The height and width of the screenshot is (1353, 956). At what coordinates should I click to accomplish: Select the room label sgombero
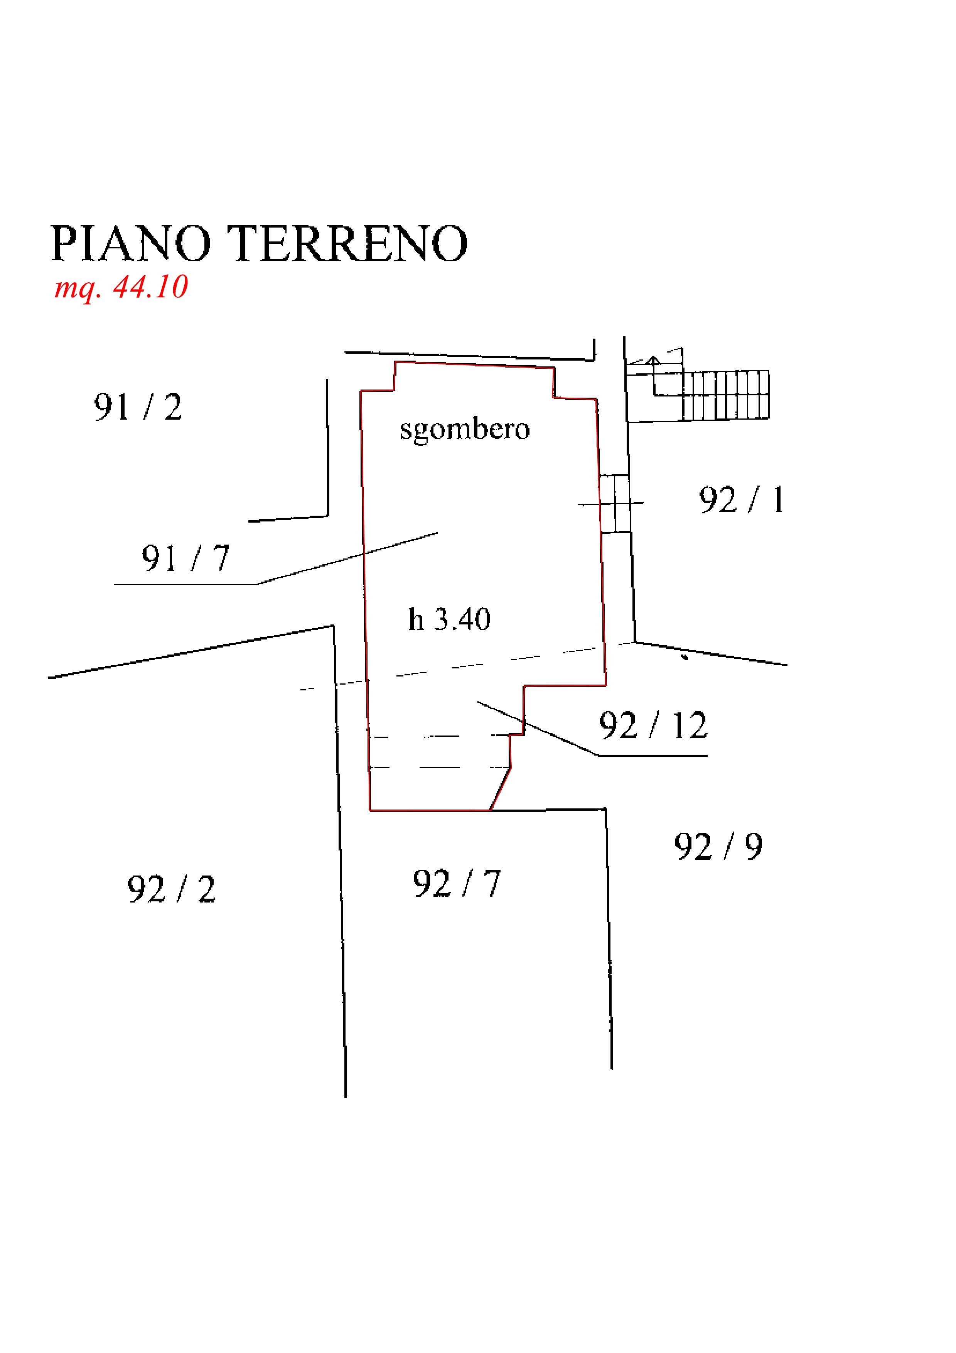click(465, 429)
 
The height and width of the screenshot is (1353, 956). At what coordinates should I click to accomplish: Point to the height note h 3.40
click(449, 619)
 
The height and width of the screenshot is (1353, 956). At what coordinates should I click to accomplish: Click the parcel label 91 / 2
click(138, 407)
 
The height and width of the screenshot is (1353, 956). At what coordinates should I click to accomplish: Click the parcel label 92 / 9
click(718, 847)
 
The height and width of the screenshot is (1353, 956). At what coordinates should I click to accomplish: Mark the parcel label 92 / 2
click(171, 889)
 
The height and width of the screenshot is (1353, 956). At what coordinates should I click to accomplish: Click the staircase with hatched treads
click(726, 395)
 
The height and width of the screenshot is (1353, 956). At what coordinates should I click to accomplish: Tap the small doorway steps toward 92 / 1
click(615, 504)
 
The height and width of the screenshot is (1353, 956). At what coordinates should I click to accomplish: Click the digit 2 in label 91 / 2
click(173, 407)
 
